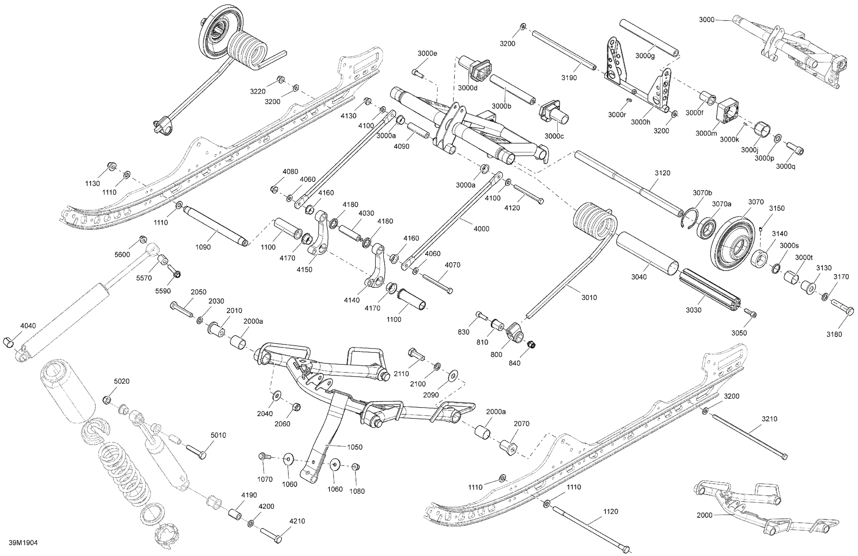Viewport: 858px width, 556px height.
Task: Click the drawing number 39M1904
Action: tap(24, 543)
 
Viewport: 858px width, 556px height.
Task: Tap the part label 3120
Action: tap(662, 173)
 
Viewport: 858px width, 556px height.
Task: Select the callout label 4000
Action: tap(481, 228)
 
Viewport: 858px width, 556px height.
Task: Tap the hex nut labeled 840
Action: tap(531, 345)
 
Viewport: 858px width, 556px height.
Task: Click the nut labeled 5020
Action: tap(107, 399)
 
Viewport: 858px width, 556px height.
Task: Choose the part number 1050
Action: tap(355, 447)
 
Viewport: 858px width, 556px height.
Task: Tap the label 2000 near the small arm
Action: tap(704, 515)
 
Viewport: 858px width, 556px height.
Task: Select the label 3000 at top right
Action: tap(707, 20)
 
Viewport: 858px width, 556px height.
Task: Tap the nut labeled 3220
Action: tap(279, 79)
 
